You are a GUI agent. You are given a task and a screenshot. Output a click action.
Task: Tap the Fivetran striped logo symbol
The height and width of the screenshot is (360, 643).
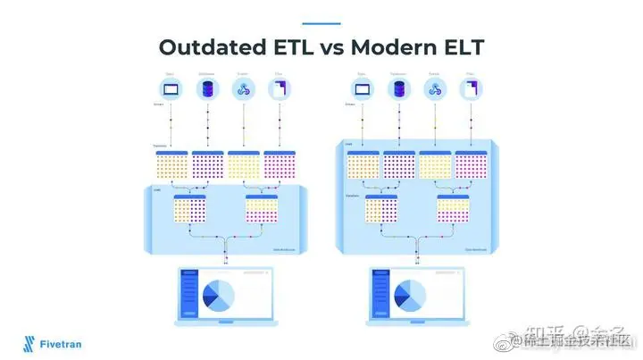click(30, 342)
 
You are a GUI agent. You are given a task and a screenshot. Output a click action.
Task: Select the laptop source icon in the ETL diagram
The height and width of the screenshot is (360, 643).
click(171, 88)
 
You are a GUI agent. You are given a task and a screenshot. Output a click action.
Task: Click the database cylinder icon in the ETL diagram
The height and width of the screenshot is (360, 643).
click(208, 88)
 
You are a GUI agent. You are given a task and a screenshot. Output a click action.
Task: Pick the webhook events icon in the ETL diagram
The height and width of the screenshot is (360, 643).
click(244, 88)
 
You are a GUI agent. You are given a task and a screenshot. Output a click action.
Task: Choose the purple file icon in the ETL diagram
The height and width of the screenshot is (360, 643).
click(280, 88)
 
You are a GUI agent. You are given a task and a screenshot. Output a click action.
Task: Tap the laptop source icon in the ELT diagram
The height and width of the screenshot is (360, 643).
click(363, 88)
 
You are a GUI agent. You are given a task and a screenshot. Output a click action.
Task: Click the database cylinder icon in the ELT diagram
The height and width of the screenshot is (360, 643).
click(398, 88)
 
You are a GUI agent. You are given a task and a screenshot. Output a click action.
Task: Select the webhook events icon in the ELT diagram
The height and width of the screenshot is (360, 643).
click(435, 88)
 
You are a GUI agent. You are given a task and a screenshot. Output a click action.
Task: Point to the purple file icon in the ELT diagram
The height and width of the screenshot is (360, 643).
click(470, 88)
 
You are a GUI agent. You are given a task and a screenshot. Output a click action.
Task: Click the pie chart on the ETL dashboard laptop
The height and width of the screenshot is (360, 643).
click(218, 294)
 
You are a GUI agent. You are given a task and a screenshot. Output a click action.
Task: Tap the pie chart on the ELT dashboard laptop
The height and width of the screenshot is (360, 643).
click(410, 294)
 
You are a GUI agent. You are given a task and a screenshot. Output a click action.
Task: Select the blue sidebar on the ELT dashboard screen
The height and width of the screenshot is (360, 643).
click(378, 294)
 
